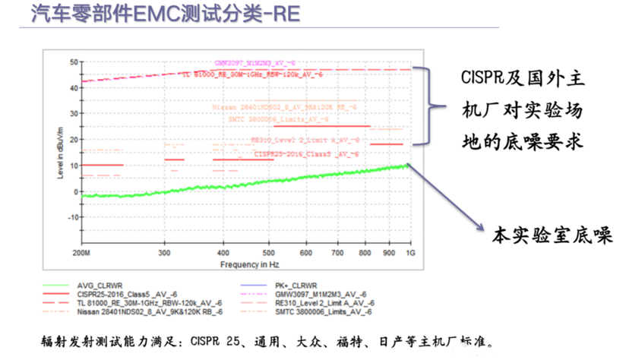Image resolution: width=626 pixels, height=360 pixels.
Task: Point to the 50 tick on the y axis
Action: [x=74, y=62]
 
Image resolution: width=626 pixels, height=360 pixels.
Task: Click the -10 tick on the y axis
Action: [x=73, y=217]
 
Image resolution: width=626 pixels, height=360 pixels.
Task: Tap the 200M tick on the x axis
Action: [x=81, y=251]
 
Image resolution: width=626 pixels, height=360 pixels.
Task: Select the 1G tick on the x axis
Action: [x=411, y=251]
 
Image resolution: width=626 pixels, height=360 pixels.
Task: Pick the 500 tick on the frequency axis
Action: [x=269, y=251]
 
